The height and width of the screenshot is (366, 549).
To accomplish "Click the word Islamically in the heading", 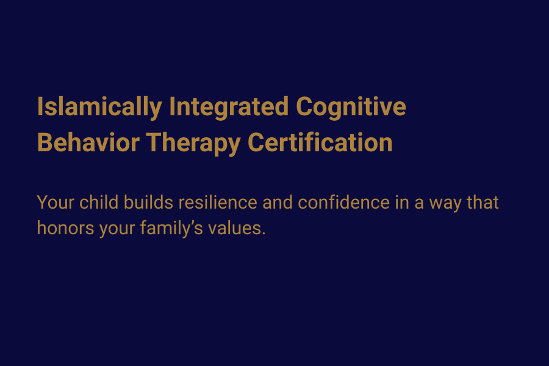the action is tap(99, 107).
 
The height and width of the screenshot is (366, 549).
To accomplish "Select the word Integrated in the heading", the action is tap(229, 107).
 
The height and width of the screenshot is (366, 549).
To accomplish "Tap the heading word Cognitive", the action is tap(351, 107).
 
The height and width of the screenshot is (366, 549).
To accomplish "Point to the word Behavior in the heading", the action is tap(88, 143).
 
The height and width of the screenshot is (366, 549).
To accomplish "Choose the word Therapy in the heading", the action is tap(193, 143).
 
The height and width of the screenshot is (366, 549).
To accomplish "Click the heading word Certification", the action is tap(320, 143).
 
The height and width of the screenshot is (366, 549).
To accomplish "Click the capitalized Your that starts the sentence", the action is tap(56, 203).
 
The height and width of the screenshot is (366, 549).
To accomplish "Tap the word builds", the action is tap(148, 202).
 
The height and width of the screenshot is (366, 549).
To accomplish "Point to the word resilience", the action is tap(218, 202).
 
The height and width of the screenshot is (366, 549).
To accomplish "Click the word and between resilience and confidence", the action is tap(278, 202).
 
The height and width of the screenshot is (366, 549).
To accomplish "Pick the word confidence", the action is tap(343, 202).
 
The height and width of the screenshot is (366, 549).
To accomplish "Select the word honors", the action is tap(65, 228).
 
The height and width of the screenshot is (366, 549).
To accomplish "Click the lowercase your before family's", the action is tap(117, 230).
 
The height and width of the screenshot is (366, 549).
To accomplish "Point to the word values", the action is tap(234, 228).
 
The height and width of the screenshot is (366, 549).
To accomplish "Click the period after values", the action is tap(264, 234).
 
